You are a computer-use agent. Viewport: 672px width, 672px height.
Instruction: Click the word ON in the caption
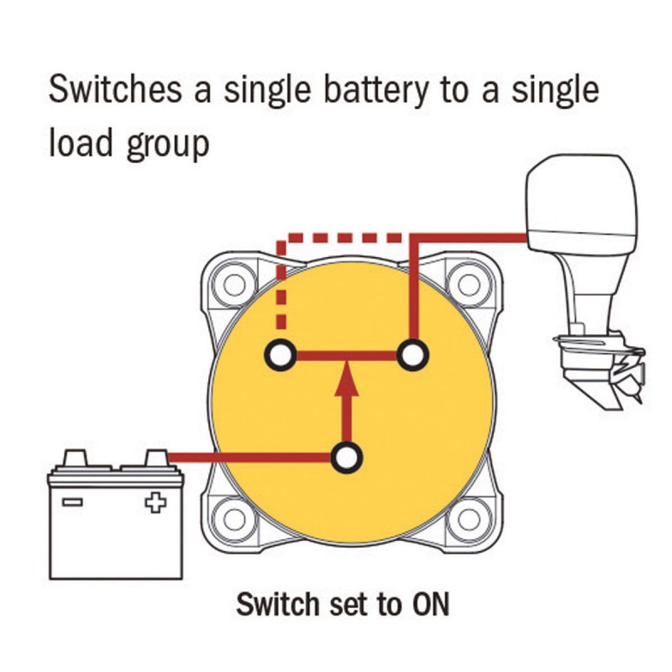429,604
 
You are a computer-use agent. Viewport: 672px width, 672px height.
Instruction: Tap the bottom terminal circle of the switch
346,458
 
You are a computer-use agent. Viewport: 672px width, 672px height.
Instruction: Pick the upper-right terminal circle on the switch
412,355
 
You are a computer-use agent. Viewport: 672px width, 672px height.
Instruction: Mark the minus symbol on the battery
72,503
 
